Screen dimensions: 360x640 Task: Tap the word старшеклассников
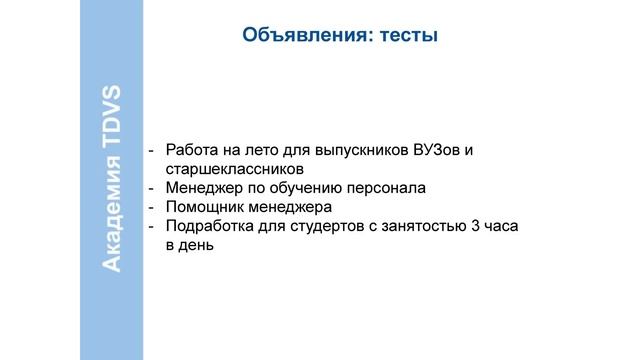pyautogui.click(x=227, y=169)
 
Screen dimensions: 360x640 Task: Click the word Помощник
pyautogui.click(x=205, y=207)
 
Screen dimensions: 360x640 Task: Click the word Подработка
pyautogui.click(x=211, y=226)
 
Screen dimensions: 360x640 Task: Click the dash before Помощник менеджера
pyautogui.click(x=152, y=207)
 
